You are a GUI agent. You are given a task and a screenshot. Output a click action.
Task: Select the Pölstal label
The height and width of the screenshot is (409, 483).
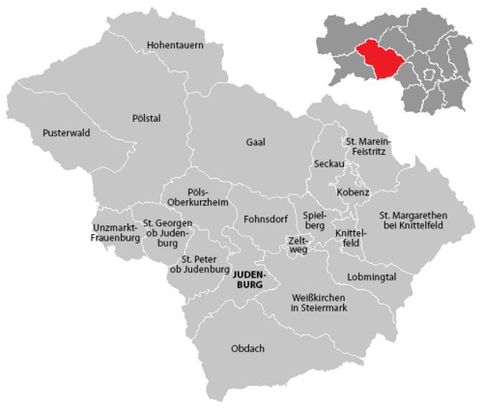(x=147, y=117)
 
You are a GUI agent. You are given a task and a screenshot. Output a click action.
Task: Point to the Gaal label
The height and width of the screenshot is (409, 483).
(x=255, y=141)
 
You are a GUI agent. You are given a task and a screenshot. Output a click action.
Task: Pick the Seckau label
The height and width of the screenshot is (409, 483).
(x=329, y=164)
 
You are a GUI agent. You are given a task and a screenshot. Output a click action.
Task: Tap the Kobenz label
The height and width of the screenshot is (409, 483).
(x=354, y=192)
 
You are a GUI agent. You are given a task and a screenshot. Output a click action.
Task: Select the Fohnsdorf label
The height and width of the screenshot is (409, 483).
(x=266, y=218)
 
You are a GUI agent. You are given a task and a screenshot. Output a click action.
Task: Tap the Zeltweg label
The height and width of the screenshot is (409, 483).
(x=299, y=244)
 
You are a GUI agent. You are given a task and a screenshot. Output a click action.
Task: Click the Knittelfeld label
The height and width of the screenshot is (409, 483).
(x=349, y=238)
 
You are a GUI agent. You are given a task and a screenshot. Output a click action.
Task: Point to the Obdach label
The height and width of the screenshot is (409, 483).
(x=248, y=348)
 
